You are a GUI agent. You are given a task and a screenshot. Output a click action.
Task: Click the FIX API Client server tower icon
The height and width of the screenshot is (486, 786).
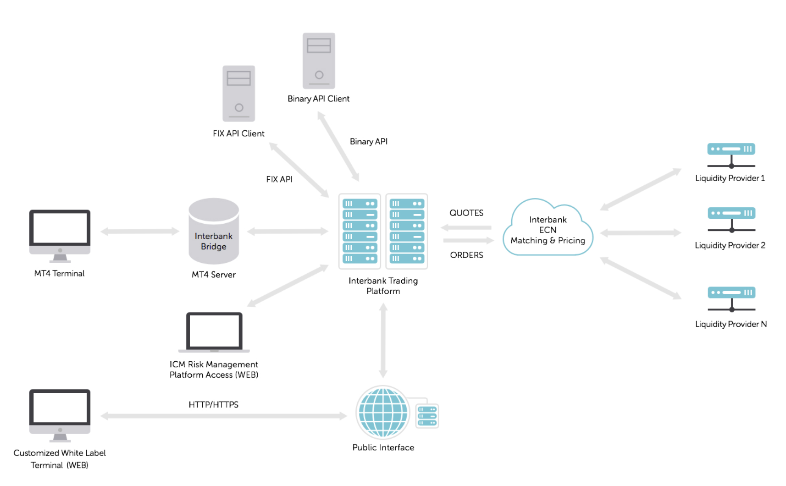pyautogui.click(x=239, y=94)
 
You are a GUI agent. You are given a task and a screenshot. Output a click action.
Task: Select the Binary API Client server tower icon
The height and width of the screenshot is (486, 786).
pyautogui.click(x=319, y=61)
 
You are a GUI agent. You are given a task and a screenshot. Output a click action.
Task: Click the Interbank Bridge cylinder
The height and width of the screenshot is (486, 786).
pyautogui.click(x=214, y=231)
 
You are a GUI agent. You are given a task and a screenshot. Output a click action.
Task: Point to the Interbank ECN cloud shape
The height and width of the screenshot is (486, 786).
pyautogui.click(x=548, y=228)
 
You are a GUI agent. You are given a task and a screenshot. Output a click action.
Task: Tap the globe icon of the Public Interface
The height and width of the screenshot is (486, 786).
pyautogui.click(x=383, y=412)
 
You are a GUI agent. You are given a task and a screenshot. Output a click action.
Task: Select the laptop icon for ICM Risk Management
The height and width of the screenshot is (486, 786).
pyautogui.click(x=214, y=332)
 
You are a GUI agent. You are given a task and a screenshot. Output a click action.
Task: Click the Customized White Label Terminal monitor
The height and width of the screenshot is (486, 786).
pyautogui.click(x=60, y=416)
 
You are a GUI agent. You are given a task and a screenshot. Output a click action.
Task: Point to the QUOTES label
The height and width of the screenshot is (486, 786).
pyautogui.click(x=466, y=213)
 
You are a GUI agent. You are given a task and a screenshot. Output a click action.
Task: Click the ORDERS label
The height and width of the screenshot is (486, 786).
pyautogui.click(x=467, y=255)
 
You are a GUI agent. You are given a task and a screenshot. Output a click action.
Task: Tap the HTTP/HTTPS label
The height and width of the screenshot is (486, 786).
pyautogui.click(x=214, y=405)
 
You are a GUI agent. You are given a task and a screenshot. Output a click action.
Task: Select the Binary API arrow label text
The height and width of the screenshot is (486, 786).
pyautogui.click(x=369, y=141)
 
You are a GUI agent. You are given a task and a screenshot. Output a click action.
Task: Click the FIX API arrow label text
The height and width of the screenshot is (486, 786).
pyautogui.click(x=280, y=179)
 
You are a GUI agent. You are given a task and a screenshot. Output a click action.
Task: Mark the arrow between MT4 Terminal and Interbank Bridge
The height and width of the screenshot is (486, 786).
pyautogui.click(x=140, y=231)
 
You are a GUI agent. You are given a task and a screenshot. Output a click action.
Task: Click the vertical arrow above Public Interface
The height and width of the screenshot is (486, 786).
pyautogui.click(x=383, y=341)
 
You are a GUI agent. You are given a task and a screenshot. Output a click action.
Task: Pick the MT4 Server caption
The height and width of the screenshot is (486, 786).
pyautogui.click(x=214, y=275)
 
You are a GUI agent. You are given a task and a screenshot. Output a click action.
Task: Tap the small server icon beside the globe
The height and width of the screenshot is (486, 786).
pyautogui.click(x=427, y=416)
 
